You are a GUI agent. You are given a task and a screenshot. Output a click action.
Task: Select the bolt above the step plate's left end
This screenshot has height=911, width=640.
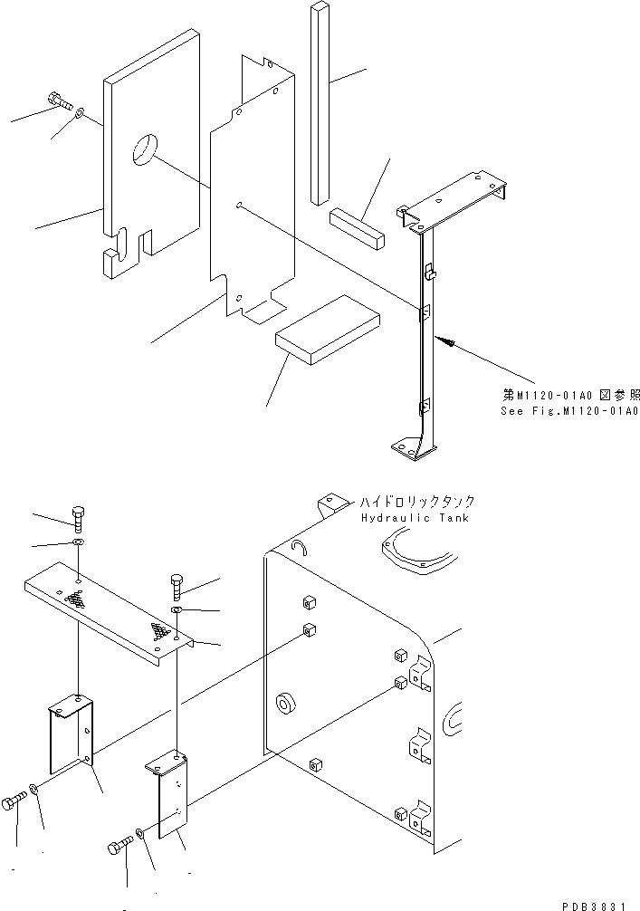point(79,517)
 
